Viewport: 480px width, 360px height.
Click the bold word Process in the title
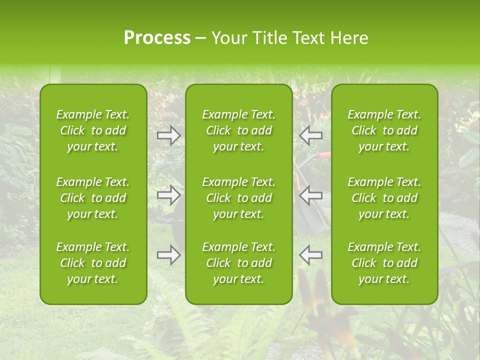pos(157,38)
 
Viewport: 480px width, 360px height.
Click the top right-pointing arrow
pos(168,135)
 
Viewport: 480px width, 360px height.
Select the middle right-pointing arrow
pos(168,194)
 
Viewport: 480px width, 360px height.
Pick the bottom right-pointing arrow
pos(168,255)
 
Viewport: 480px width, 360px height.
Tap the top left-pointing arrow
pos(311,135)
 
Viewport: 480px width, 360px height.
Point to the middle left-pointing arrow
pos(311,194)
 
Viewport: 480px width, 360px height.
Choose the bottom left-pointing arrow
pos(311,255)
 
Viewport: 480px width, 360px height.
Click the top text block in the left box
pos(93,130)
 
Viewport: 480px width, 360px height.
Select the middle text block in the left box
pos(93,198)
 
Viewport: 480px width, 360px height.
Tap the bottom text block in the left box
pos(93,263)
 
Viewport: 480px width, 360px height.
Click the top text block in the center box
pos(238,130)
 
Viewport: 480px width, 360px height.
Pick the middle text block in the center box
pos(238,198)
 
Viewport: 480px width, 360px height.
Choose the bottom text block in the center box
pos(238,263)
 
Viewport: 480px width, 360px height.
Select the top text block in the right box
pos(384,130)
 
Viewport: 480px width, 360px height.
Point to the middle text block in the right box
pos(384,198)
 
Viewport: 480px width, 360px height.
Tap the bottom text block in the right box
pos(384,263)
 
